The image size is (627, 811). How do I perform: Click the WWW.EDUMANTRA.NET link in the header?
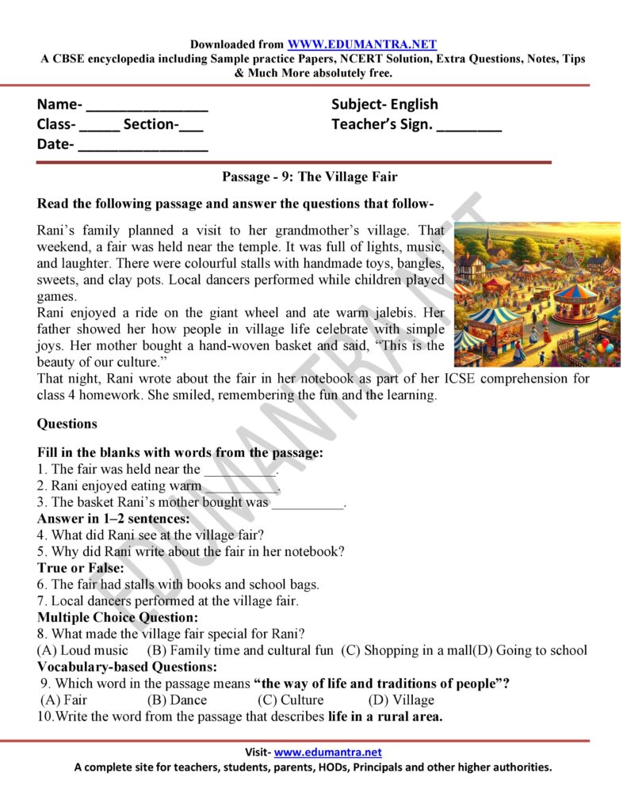tap(361, 45)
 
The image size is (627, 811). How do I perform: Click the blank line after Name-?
tap(147, 106)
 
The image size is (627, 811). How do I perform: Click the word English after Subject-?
tap(412, 105)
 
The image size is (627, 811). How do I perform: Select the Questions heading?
tap(67, 424)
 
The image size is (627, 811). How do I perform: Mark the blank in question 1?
tap(240, 469)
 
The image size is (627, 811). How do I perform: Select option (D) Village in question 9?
tap(401, 700)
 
